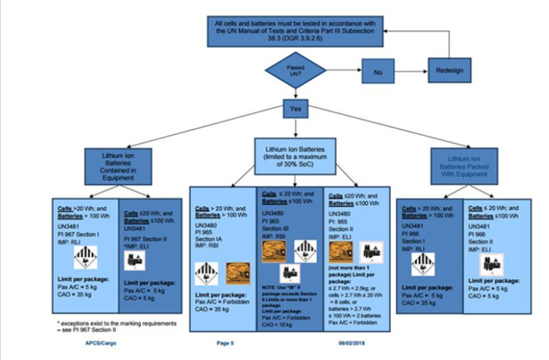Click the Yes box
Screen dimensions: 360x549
pyautogui.click(x=295, y=109)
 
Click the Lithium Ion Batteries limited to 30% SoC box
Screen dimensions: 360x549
pyautogui.click(x=296, y=153)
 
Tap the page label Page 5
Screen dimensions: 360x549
pyautogui.click(x=225, y=343)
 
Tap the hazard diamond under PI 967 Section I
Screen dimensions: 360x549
pyautogui.click(x=83, y=258)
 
